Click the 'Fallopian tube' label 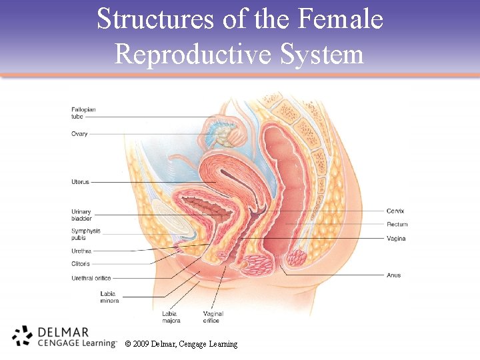(83, 113)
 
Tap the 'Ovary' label (79, 134)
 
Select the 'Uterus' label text (80, 182)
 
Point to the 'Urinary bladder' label (81, 215)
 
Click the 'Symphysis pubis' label (85, 234)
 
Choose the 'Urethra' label (81, 251)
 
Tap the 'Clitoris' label (81, 264)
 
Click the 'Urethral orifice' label (91, 278)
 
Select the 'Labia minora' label (109, 297)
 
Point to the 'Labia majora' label (171, 317)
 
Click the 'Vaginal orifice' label (213, 317)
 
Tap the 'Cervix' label (395, 211)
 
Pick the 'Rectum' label (397, 225)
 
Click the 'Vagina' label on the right (396, 239)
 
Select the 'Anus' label (394, 275)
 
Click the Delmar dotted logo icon (22, 337)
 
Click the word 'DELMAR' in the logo (64, 331)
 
